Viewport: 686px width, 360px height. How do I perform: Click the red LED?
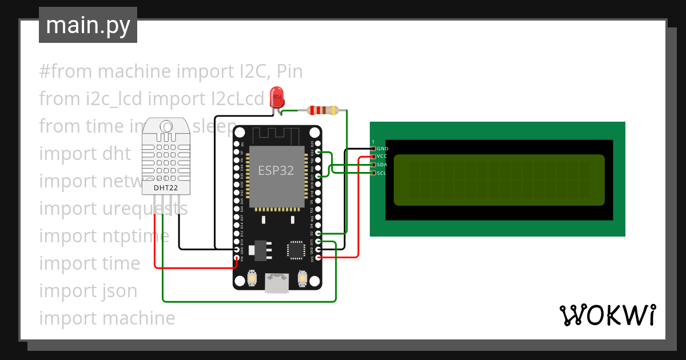(x=277, y=95)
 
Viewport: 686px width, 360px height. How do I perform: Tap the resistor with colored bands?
(x=324, y=110)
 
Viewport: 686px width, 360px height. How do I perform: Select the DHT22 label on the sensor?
(x=165, y=187)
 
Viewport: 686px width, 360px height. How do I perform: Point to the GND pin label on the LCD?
(x=382, y=148)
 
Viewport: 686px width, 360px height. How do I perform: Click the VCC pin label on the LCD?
(x=382, y=156)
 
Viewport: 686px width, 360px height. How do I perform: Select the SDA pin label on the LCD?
(x=382, y=165)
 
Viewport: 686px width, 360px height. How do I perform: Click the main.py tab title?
(x=87, y=25)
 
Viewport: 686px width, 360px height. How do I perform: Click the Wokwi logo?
(x=607, y=315)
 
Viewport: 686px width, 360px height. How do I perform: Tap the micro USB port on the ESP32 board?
(x=277, y=283)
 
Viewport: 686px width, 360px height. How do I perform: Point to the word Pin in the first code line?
(x=289, y=71)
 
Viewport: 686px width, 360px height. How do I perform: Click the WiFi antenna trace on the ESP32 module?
(x=277, y=136)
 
